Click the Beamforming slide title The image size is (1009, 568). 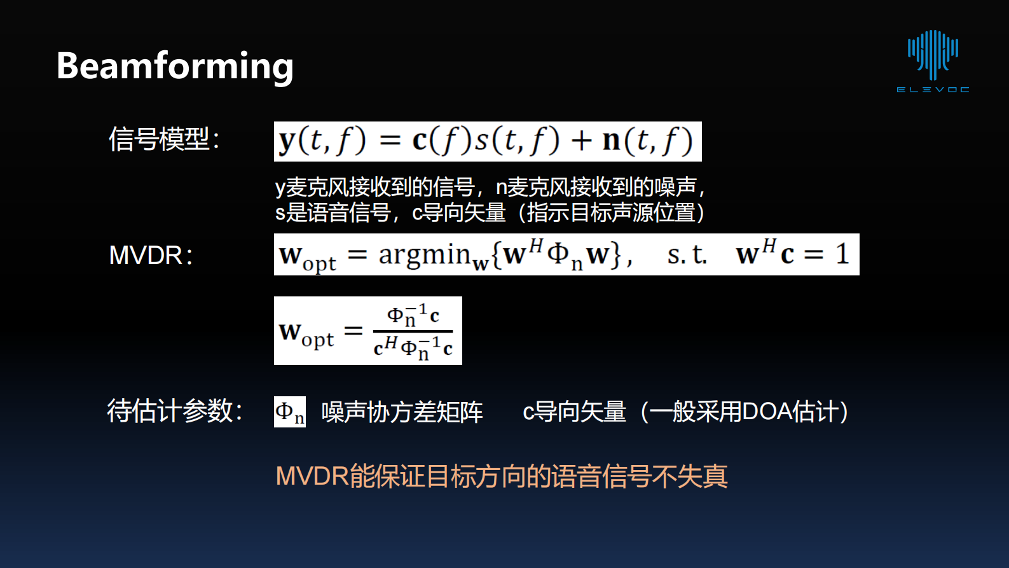175,66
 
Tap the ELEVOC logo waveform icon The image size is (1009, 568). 933,53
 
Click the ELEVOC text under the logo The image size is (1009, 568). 933,90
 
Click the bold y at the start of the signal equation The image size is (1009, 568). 287,141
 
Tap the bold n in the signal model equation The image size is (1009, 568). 611,141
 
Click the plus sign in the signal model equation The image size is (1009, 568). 581,141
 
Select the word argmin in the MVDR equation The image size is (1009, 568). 423,255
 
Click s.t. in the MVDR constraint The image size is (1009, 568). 687,255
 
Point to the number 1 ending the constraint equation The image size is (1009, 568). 842,254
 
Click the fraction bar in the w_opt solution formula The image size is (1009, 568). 413,331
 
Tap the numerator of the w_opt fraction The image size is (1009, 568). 413,315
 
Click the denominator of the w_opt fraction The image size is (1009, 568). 413,347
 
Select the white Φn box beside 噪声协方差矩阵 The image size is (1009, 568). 289,412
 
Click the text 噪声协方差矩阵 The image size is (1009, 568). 402,412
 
